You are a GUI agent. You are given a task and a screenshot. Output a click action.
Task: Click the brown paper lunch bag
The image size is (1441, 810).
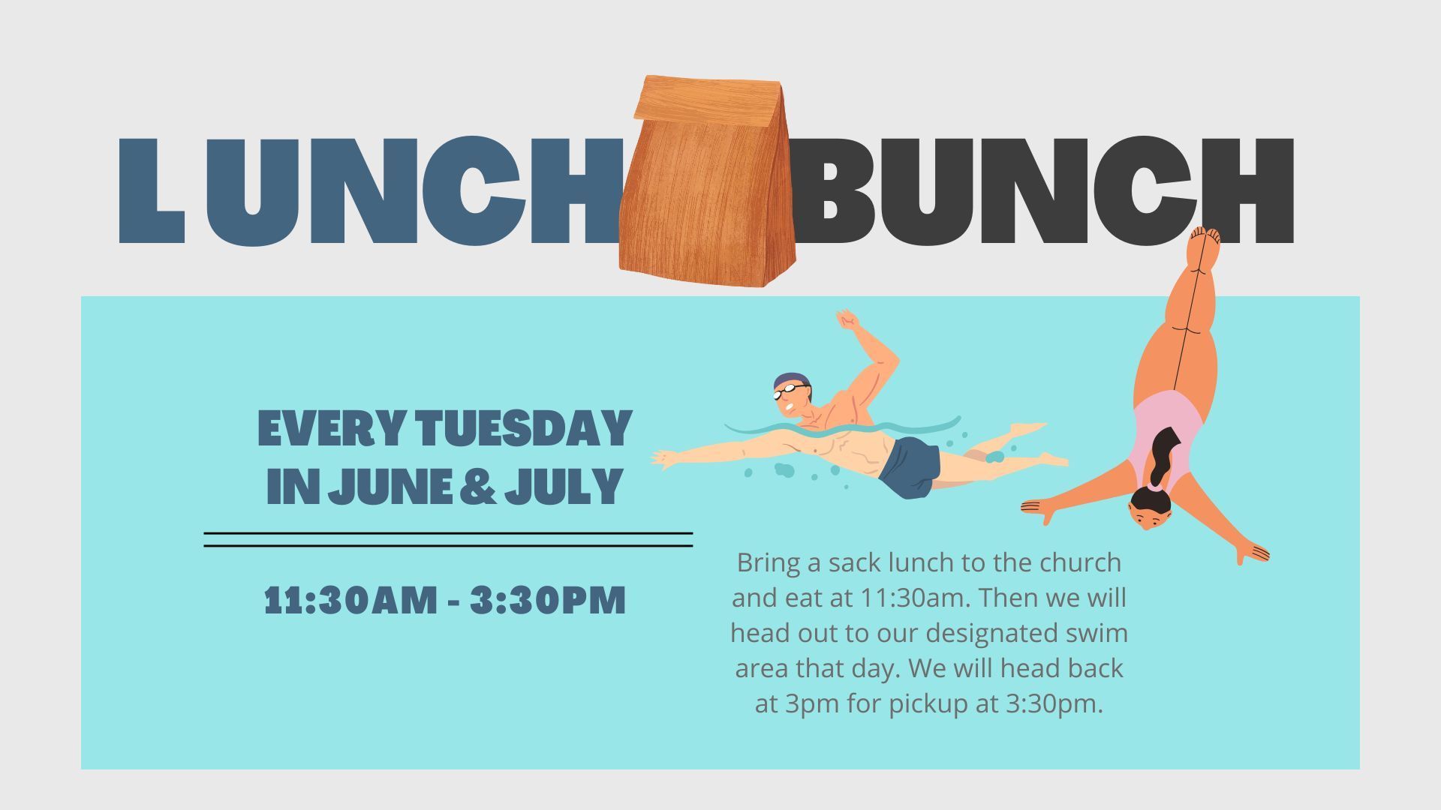pyautogui.click(x=707, y=181)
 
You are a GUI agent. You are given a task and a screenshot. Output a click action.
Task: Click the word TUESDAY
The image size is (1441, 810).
pyautogui.click(x=525, y=428)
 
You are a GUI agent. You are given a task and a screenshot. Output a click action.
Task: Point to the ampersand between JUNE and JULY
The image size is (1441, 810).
pyautogui.click(x=477, y=486)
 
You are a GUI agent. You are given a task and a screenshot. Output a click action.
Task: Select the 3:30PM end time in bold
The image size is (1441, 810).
pyautogui.click(x=548, y=600)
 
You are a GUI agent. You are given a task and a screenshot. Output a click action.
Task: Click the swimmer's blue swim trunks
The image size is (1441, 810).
pyautogui.click(x=910, y=466)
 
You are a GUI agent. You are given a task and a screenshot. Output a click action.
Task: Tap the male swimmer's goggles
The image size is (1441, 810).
pyautogui.click(x=788, y=391)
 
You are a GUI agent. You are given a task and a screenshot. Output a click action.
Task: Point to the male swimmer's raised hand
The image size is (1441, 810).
pyautogui.click(x=848, y=320)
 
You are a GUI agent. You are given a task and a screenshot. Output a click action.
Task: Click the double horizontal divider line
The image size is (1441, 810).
pyautogui.click(x=448, y=540)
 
